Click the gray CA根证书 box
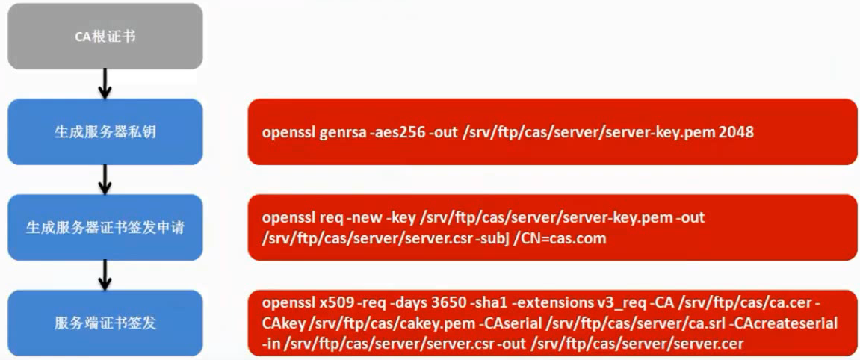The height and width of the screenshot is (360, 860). [105, 36]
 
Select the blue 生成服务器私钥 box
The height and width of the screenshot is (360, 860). [105, 131]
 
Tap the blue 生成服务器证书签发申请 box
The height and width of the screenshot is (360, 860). [105, 227]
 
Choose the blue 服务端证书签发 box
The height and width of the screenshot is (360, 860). [105, 323]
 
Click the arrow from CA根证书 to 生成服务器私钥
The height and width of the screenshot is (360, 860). [105, 84]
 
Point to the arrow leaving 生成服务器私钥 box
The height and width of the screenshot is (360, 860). [105, 179]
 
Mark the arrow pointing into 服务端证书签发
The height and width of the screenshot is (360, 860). [105, 275]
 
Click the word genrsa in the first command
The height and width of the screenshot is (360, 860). [341, 133]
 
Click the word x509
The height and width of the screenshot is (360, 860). [335, 303]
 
